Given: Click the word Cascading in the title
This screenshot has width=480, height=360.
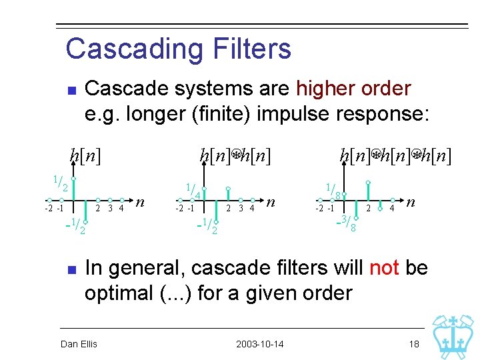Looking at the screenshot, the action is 134,49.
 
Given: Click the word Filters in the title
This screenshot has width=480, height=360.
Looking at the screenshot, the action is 252,48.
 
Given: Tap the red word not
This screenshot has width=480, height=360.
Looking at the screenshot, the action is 384,267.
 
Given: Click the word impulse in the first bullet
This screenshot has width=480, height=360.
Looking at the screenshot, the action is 293,115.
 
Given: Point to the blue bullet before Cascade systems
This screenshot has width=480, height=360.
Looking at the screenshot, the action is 72,91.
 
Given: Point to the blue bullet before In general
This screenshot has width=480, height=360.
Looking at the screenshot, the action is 72,270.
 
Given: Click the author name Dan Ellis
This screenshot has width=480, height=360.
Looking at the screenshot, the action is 79,344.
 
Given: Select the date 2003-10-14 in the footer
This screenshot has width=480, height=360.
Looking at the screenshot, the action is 259,344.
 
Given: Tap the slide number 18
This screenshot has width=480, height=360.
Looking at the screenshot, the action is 414,344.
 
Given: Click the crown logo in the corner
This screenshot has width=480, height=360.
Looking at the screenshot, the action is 453,337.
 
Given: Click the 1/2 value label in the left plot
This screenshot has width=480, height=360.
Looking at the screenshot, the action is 61,183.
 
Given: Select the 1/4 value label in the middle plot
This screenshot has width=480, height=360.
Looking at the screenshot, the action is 193,191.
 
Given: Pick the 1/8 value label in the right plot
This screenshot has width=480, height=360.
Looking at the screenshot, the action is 333,191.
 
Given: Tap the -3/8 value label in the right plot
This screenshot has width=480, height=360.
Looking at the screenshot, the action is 346,223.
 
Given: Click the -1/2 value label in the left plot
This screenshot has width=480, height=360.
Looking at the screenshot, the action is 75,226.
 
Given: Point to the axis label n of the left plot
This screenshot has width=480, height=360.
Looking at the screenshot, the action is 140,202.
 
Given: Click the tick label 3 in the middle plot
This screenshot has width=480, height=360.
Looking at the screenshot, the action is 241,209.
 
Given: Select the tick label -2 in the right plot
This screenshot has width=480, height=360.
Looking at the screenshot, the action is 319,209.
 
